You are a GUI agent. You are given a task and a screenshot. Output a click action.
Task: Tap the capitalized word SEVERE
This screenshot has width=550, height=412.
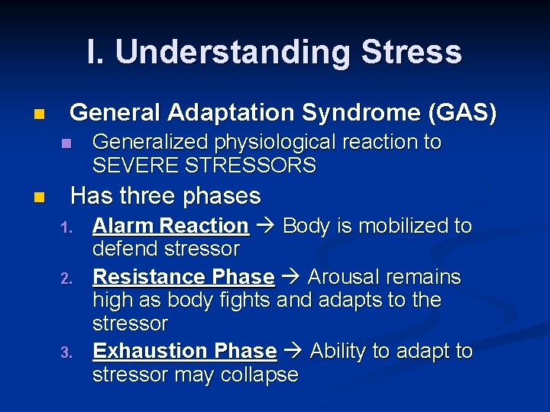click(x=133, y=165)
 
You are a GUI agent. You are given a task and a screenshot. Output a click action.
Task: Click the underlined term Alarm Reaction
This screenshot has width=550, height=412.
click(x=170, y=226)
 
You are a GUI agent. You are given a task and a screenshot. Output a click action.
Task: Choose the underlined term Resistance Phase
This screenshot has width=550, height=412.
click(x=183, y=277)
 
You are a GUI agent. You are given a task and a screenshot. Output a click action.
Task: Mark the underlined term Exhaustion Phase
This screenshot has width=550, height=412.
click(x=184, y=351)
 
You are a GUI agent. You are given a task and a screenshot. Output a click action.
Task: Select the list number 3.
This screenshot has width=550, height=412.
click(x=66, y=352)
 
